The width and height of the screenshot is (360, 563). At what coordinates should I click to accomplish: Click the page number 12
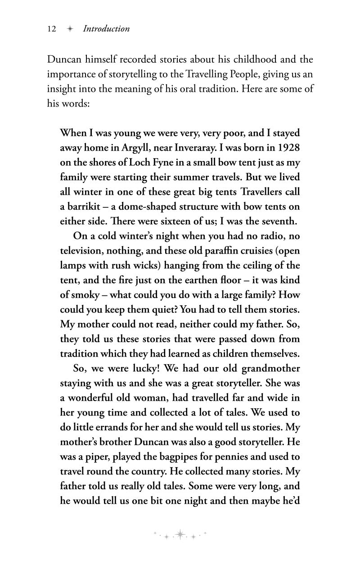[51, 29]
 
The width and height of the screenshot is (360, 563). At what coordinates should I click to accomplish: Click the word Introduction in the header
[106, 29]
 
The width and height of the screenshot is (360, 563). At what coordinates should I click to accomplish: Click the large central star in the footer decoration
[180, 534]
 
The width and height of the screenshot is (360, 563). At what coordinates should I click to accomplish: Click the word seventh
[278, 221]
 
